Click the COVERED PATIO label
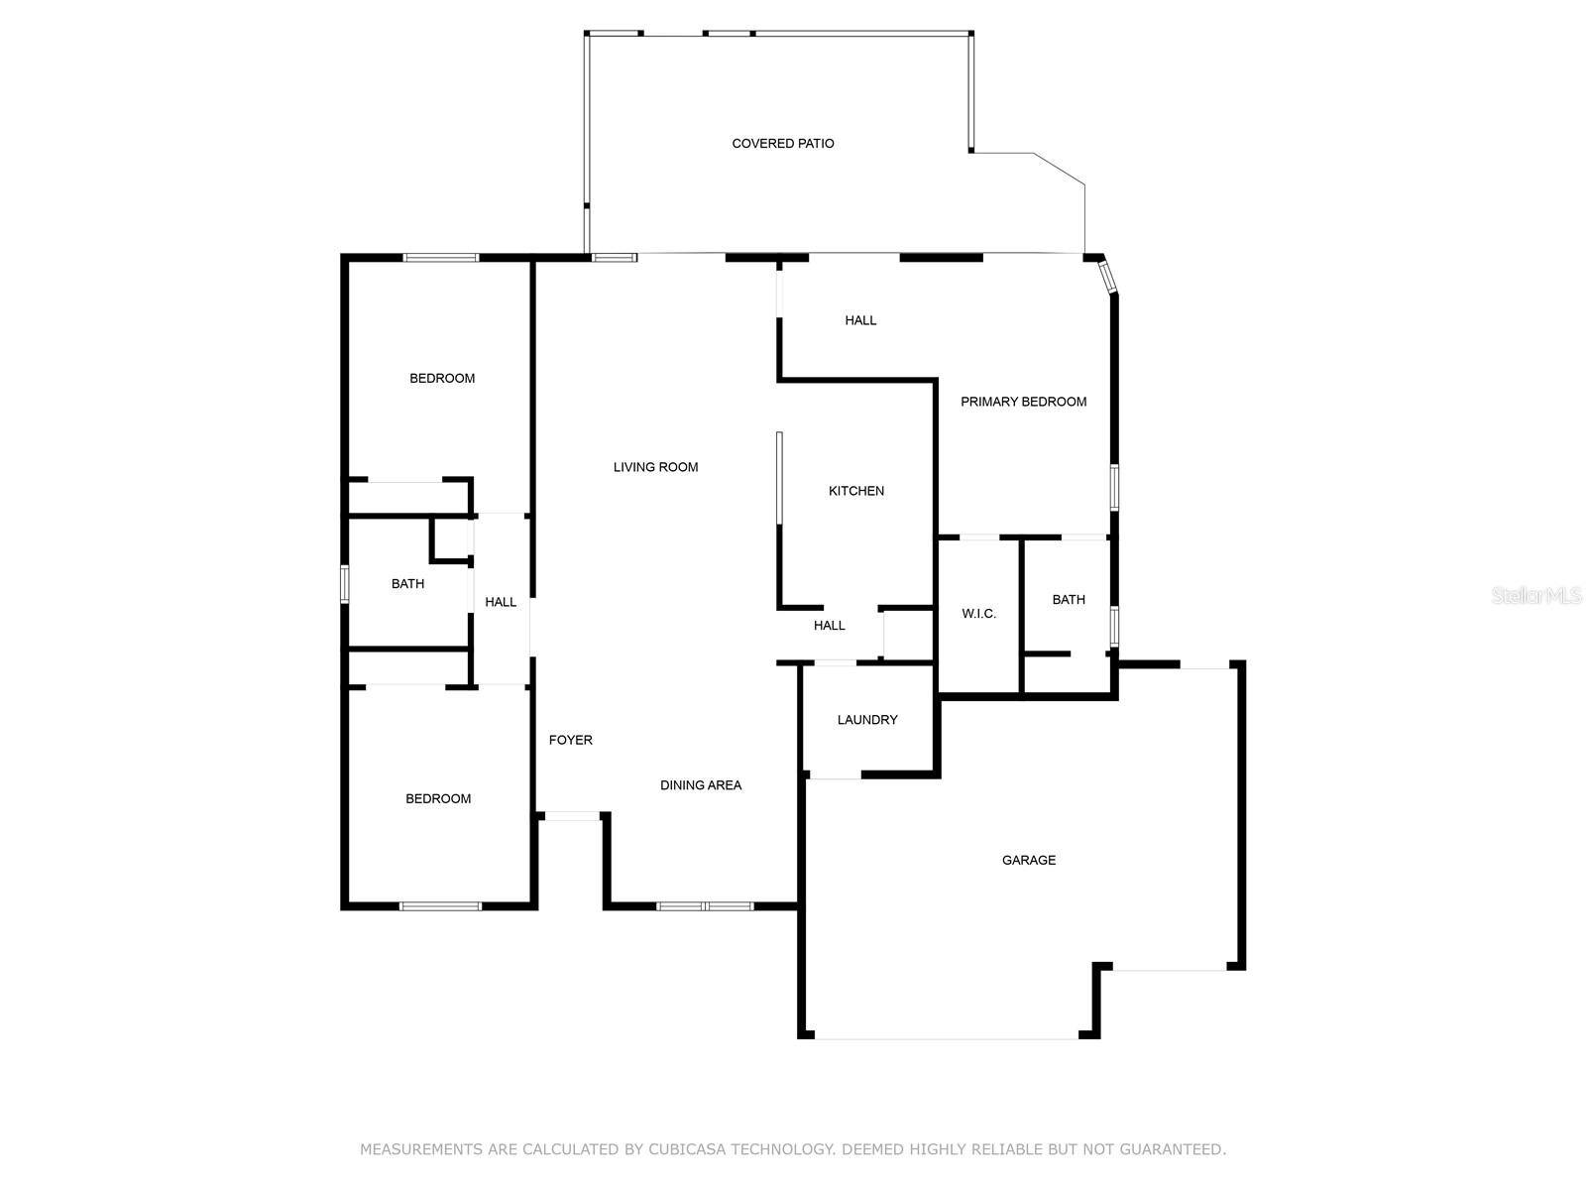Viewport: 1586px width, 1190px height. coord(782,144)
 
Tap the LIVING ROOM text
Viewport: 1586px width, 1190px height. coord(655,467)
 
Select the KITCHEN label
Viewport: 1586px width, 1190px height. coord(856,491)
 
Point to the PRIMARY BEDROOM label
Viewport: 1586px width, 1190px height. coord(1023,402)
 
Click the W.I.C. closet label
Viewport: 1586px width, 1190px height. coord(979,614)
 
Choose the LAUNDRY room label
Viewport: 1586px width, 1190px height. coord(867,720)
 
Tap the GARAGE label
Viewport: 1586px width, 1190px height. coord(1029,860)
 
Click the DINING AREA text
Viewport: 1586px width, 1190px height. coord(701,785)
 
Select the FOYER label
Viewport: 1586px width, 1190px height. coord(571,740)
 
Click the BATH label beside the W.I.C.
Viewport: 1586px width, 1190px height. coord(1069,600)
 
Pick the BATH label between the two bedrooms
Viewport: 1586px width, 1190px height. coord(407,584)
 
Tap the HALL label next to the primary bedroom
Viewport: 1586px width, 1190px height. coord(860,320)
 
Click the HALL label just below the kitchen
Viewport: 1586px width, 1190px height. coord(829,626)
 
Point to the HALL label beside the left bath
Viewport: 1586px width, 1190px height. coord(500,602)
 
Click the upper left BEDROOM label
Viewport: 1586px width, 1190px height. coord(442,379)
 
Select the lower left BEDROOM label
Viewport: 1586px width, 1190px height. coord(438,798)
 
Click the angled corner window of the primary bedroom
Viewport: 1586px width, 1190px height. coord(1107,277)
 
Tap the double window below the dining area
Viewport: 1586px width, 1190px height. coord(705,906)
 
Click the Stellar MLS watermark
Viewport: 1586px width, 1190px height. coord(1536,595)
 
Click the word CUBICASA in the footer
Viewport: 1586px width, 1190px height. coord(686,1148)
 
